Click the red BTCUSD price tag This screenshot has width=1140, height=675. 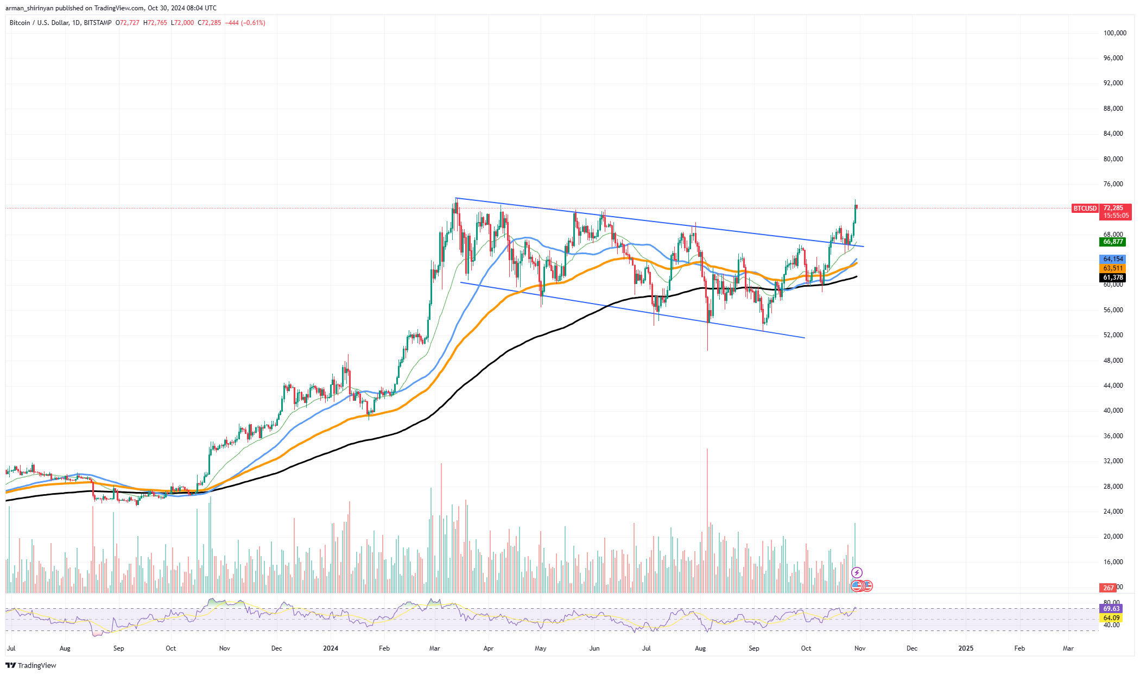pos(1085,209)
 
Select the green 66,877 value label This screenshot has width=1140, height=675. pos(1112,242)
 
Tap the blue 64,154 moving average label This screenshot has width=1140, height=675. pos(1112,259)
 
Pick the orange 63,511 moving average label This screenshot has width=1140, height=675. pos(1112,268)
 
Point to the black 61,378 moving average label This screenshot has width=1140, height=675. pos(1112,277)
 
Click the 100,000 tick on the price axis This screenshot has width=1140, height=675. pos(1114,33)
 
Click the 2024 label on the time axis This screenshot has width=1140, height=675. pos(331,648)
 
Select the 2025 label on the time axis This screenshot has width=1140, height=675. pos(966,648)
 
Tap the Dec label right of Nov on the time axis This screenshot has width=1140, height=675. pos(912,648)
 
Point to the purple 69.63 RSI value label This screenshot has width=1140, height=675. pos(1111,609)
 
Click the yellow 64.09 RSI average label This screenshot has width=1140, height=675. pos(1111,618)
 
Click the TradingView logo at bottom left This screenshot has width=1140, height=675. pos(31,665)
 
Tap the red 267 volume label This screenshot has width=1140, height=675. pos(1108,588)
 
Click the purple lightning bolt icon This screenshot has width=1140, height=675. pos(857,572)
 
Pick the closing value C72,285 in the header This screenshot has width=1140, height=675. pos(210,23)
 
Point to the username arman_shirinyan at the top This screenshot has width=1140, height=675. pos(29,8)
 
